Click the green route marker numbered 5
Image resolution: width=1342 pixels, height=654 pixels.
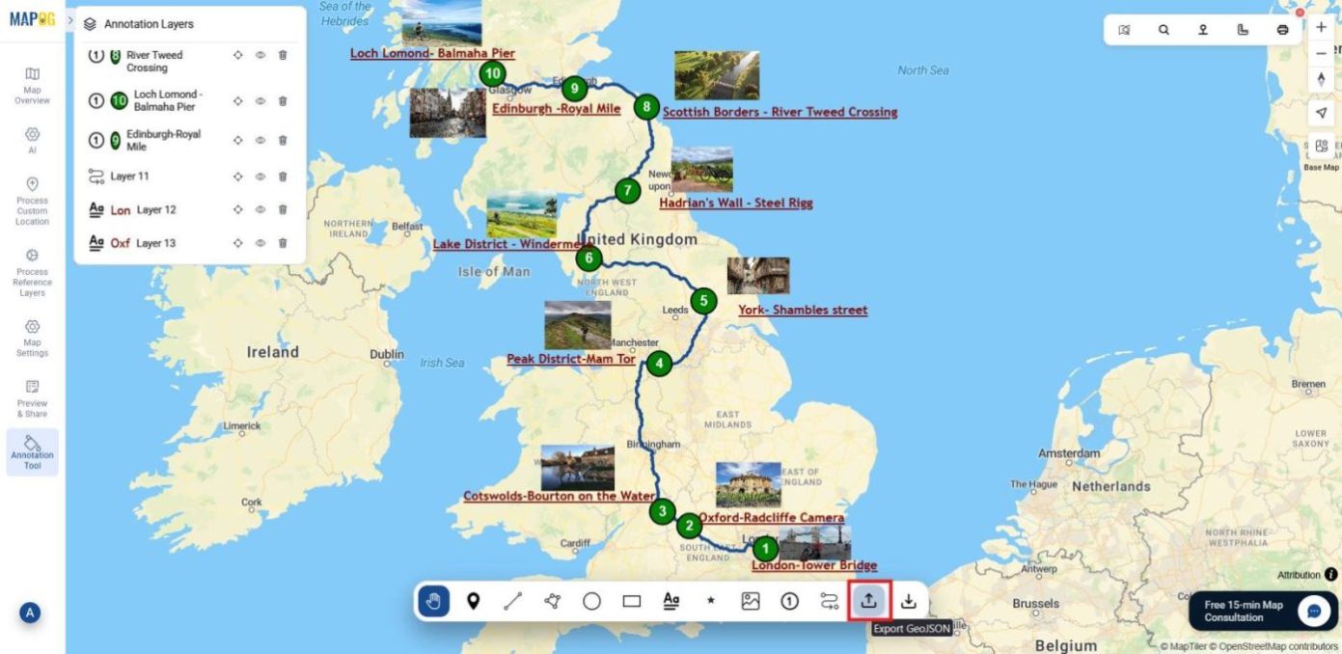[x=704, y=301]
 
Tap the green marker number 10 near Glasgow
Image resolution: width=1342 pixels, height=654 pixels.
[x=493, y=73]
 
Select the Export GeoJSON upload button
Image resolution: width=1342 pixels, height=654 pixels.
[x=868, y=601]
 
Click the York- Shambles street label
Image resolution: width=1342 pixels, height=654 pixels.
[x=803, y=311]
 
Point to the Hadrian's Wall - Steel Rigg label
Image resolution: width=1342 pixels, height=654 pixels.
[x=735, y=204]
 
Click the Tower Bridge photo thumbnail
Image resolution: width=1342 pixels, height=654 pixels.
[x=814, y=542]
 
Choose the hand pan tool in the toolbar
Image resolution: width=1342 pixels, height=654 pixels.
[x=433, y=601]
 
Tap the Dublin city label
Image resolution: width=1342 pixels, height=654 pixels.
[x=387, y=354]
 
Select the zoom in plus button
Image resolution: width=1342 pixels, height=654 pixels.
[x=1321, y=28]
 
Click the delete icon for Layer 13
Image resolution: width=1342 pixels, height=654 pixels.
[x=283, y=243]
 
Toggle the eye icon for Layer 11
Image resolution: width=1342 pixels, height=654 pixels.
[x=260, y=177]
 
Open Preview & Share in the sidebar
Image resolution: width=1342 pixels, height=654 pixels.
[x=32, y=397]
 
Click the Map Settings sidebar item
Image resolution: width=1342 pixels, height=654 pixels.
[x=32, y=337]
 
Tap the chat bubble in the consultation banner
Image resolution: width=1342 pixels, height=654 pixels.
[x=1313, y=611]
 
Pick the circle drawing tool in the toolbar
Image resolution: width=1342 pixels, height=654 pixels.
[x=591, y=601]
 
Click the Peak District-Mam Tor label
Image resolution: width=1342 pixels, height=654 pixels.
[x=571, y=359]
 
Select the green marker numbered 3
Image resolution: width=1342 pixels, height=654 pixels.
[x=662, y=511]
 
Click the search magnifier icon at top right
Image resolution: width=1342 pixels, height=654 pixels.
[x=1164, y=30]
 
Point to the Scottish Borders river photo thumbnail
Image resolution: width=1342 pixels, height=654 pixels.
[x=717, y=75]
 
